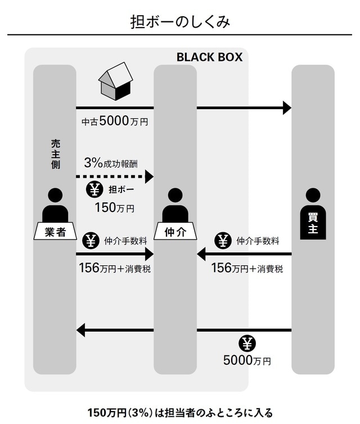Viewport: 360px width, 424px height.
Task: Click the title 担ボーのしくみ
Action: (x=179, y=22)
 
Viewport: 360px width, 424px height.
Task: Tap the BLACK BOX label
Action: (x=209, y=57)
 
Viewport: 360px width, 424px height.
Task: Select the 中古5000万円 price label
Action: (x=115, y=121)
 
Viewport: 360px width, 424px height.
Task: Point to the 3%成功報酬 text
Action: (x=111, y=163)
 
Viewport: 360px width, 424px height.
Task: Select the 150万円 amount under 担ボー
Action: (x=114, y=208)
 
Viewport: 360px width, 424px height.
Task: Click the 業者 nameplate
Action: (x=55, y=231)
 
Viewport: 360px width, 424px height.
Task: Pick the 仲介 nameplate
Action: (x=175, y=231)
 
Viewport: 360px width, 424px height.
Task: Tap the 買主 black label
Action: (x=313, y=224)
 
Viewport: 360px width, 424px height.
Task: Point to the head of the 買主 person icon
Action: (x=313, y=196)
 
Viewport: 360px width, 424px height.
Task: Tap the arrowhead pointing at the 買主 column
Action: (x=287, y=107)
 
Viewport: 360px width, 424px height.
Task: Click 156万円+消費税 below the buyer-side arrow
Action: (x=247, y=268)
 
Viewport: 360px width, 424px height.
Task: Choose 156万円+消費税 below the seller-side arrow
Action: (x=115, y=268)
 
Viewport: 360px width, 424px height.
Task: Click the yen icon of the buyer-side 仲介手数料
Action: (x=223, y=241)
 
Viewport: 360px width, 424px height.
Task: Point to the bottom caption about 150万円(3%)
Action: (x=179, y=412)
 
